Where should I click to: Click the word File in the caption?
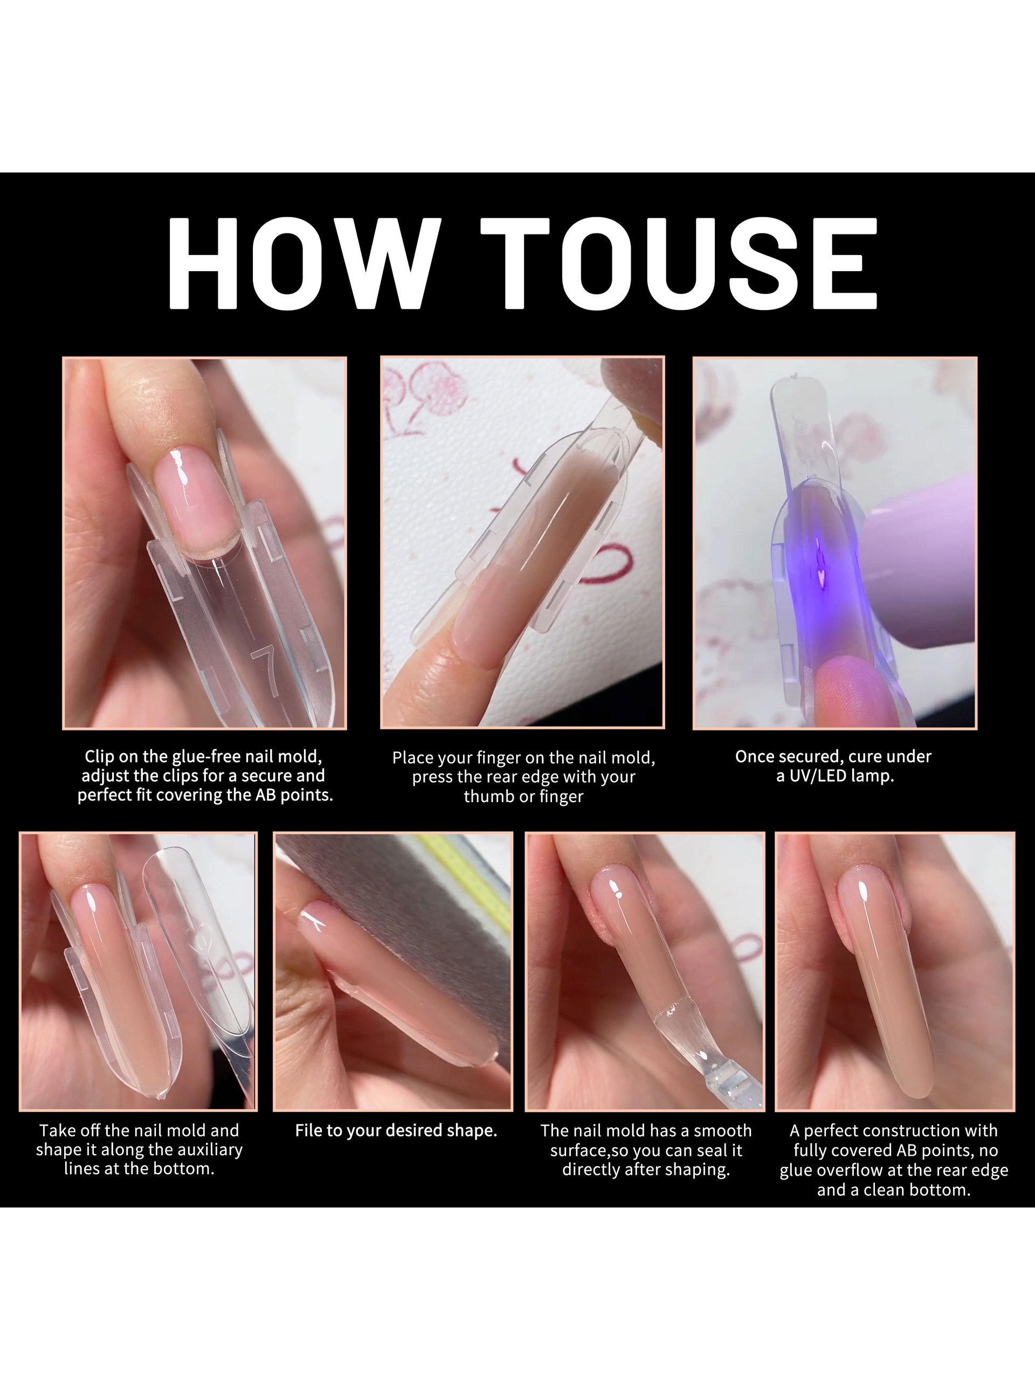(309, 1130)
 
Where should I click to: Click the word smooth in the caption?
(721, 1130)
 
